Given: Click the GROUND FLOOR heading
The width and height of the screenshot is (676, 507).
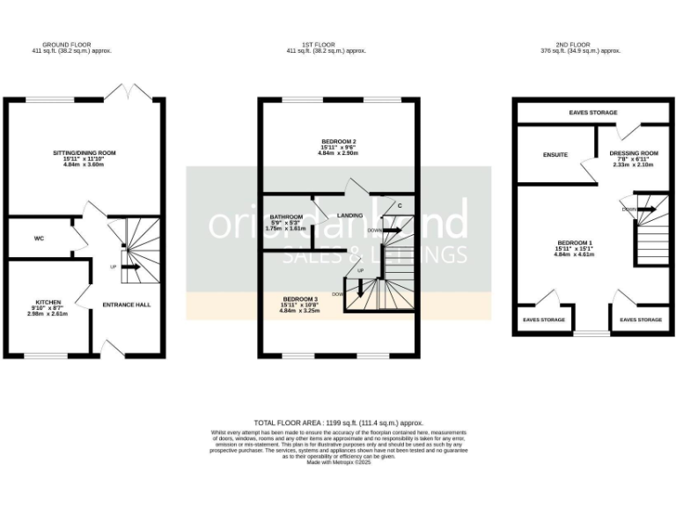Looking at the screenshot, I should tap(84, 44).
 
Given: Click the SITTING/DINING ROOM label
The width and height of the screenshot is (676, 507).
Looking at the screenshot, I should tap(84, 152).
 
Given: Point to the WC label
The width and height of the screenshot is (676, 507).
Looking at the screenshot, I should tap(39, 238).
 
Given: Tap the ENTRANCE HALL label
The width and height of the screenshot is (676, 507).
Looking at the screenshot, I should tap(127, 305).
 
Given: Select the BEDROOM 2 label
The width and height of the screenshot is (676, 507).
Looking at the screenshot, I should tap(339, 142).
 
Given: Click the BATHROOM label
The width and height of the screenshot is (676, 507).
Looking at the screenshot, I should tap(286, 217).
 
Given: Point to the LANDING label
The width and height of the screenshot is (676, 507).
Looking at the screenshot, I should tap(349, 215).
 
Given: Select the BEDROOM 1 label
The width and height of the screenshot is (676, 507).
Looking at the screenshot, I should tap(574, 242).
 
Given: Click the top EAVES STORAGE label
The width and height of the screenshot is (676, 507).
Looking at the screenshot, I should tap(592, 113).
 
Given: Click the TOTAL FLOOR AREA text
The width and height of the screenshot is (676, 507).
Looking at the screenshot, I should tap(338, 423).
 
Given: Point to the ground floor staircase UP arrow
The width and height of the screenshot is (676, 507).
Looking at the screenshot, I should tap(129, 266).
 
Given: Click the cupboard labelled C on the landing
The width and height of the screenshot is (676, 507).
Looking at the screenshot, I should tap(400, 206).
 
